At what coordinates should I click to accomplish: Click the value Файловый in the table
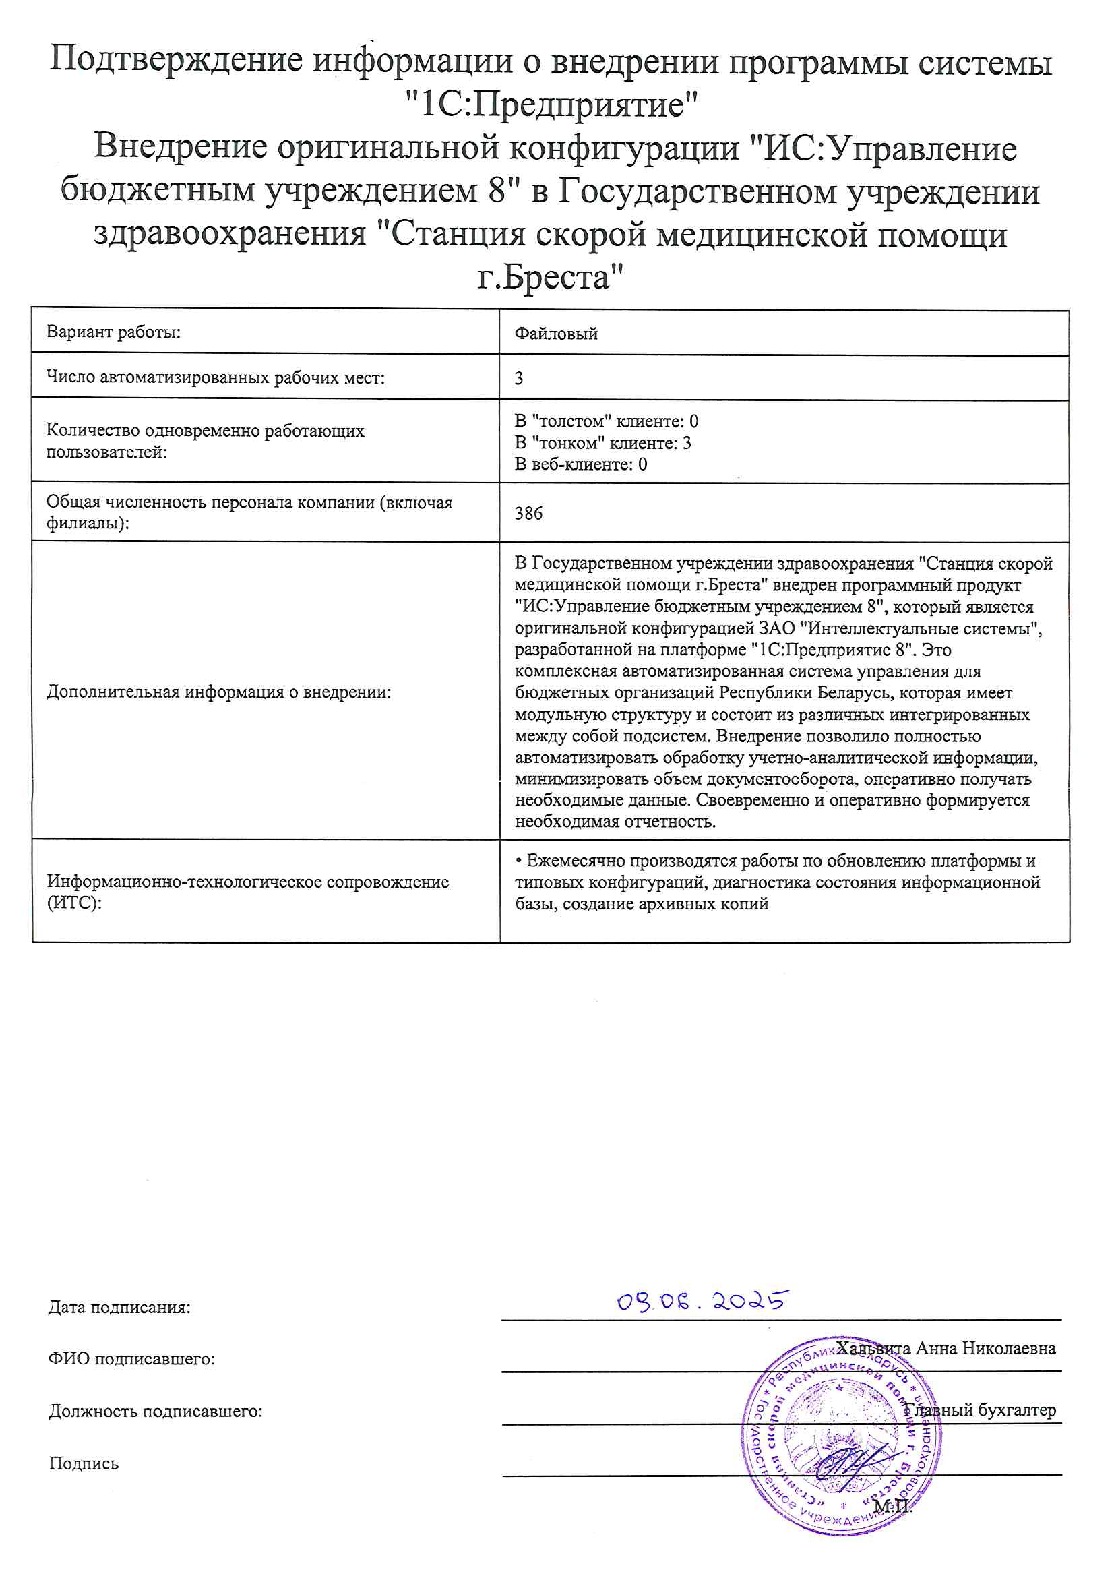[x=556, y=334]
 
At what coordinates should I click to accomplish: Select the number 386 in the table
[x=528, y=514]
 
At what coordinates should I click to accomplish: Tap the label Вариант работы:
[x=113, y=332]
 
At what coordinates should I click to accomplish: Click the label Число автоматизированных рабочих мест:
[x=215, y=377]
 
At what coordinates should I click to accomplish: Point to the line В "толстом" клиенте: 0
[x=606, y=421]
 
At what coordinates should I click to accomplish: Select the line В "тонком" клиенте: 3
[x=602, y=443]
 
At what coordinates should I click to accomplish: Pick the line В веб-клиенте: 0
[x=581, y=464]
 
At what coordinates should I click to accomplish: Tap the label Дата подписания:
[x=119, y=1307]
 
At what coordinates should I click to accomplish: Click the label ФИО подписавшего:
[x=131, y=1358]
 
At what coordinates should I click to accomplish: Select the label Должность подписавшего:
[x=155, y=1412]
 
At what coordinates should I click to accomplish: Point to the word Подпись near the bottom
[x=84, y=1463]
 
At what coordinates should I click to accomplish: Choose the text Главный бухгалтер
[x=980, y=1410]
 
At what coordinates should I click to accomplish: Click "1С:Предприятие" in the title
[x=551, y=105]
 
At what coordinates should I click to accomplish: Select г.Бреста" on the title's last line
[x=551, y=277]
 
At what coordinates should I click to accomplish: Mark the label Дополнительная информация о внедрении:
[x=218, y=692]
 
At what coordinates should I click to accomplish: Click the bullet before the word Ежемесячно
[x=519, y=861]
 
